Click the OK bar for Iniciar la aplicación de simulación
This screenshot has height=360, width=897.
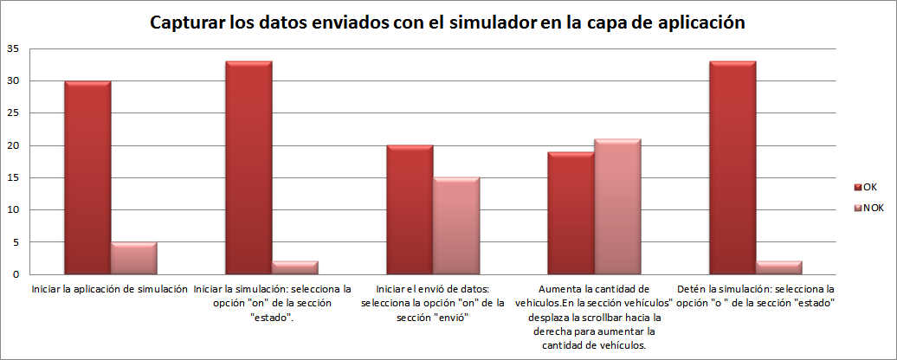click(x=87, y=177)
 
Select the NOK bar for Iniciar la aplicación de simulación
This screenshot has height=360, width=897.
click(x=133, y=258)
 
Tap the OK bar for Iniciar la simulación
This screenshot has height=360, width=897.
click(x=248, y=168)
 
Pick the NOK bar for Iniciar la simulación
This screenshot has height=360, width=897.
click(x=295, y=267)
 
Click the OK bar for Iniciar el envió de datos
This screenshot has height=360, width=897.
click(x=410, y=209)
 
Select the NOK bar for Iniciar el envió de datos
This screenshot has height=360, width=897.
click(x=456, y=226)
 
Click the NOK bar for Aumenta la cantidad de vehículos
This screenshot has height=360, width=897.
click(x=617, y=207)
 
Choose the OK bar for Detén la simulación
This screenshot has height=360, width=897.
click(x=732, y=168)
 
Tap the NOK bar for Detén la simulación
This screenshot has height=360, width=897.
click(x=779, y=267)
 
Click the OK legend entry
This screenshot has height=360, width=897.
click(x=869, y=186)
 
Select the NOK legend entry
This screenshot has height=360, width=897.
click(x=871, y=209)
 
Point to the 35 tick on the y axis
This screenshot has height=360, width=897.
click(x=13, y=49)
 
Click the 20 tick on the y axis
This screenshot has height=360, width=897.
click(x=13, y=145)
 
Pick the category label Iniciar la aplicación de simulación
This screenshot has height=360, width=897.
click(x=110, y=289)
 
